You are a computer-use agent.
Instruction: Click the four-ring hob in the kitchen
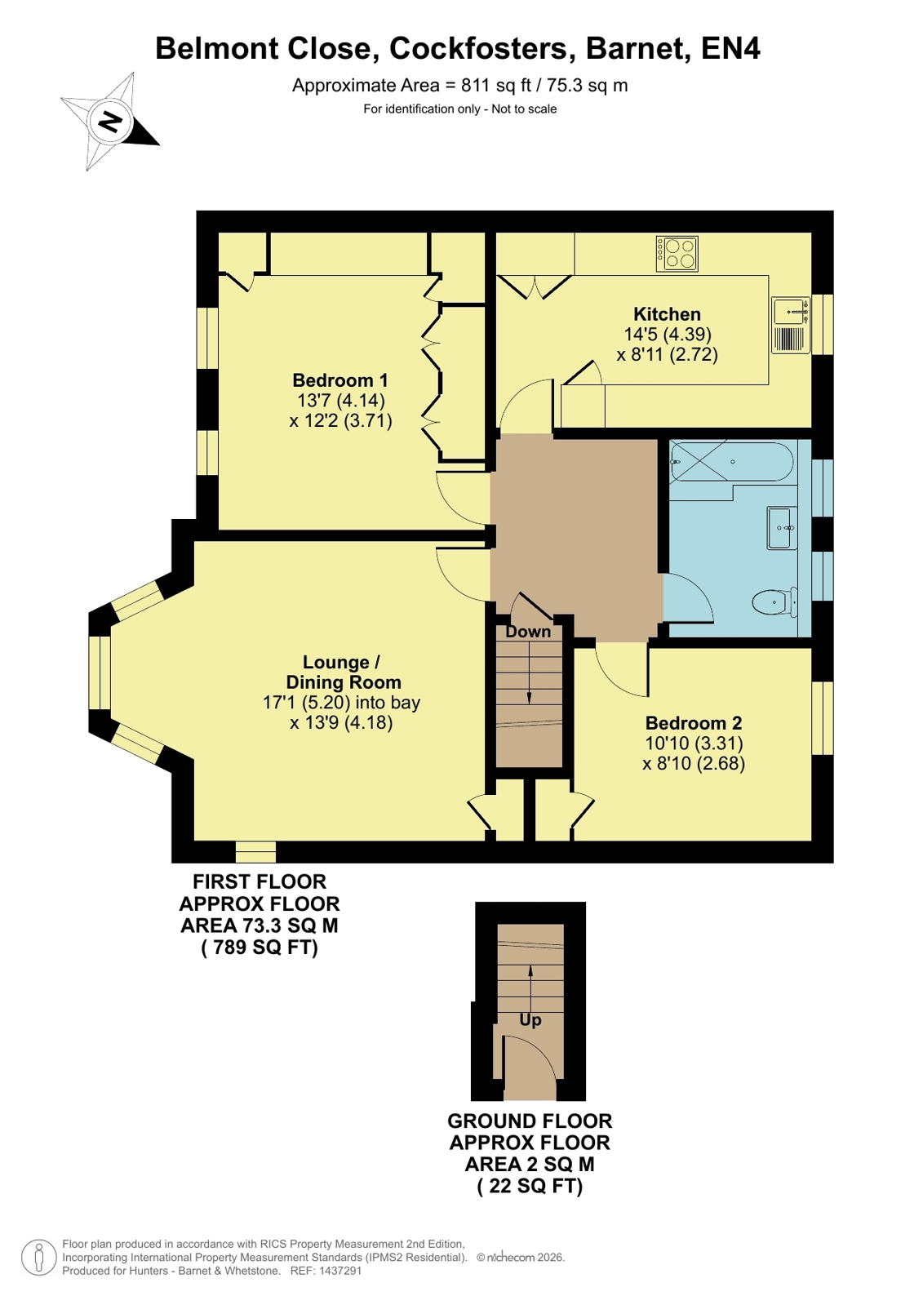[x=677, y=254]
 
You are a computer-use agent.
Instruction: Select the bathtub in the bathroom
[x=731, y=461]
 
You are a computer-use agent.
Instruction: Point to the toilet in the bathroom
[x=774, y=601]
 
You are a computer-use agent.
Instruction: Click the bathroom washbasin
[x=781, y=528]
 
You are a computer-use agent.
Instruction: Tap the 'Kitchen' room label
[x=667, y=314]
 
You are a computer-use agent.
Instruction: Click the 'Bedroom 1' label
[x=339, y=380]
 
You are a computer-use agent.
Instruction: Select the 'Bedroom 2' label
[x=694, y=723]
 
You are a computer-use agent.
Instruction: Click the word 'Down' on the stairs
[x=528, y=632]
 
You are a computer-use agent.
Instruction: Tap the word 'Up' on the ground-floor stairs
[x=530, y=1020]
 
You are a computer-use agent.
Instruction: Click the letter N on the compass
[x=109, y=122]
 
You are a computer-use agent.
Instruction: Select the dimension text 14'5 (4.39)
[x=668, y=335]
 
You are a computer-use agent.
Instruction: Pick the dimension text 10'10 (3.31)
[x=694, y=743]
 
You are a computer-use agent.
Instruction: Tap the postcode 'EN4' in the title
[x=730, y=48]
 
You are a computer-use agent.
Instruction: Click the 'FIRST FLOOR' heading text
[x=260, y=881]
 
